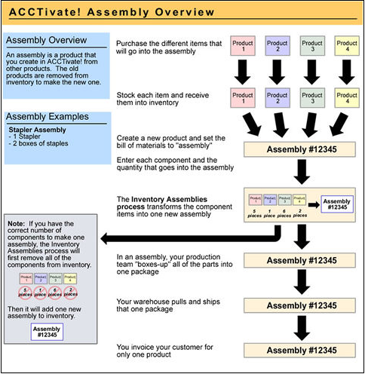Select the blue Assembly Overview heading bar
[x=57, y=41]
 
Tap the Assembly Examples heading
[x=57, y=118]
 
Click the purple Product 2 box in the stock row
[x=277, y=99]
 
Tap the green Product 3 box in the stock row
[x=311, y=99]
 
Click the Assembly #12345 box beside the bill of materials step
[x=300, y=149]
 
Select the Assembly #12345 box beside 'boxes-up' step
[x=300, y=262]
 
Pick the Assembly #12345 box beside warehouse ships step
[x=300, y=306]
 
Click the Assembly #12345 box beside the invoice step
[x=300, y=350]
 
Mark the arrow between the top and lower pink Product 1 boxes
[x=242, y=72]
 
